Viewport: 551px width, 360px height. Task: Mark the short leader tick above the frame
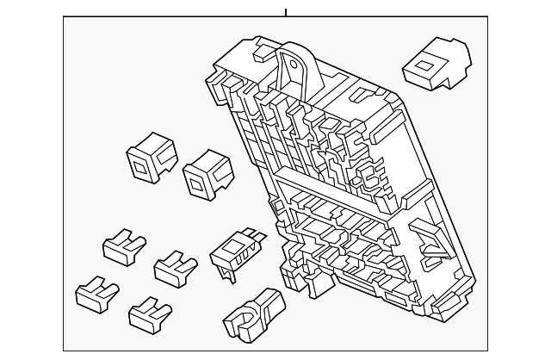[x=285, y=12]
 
